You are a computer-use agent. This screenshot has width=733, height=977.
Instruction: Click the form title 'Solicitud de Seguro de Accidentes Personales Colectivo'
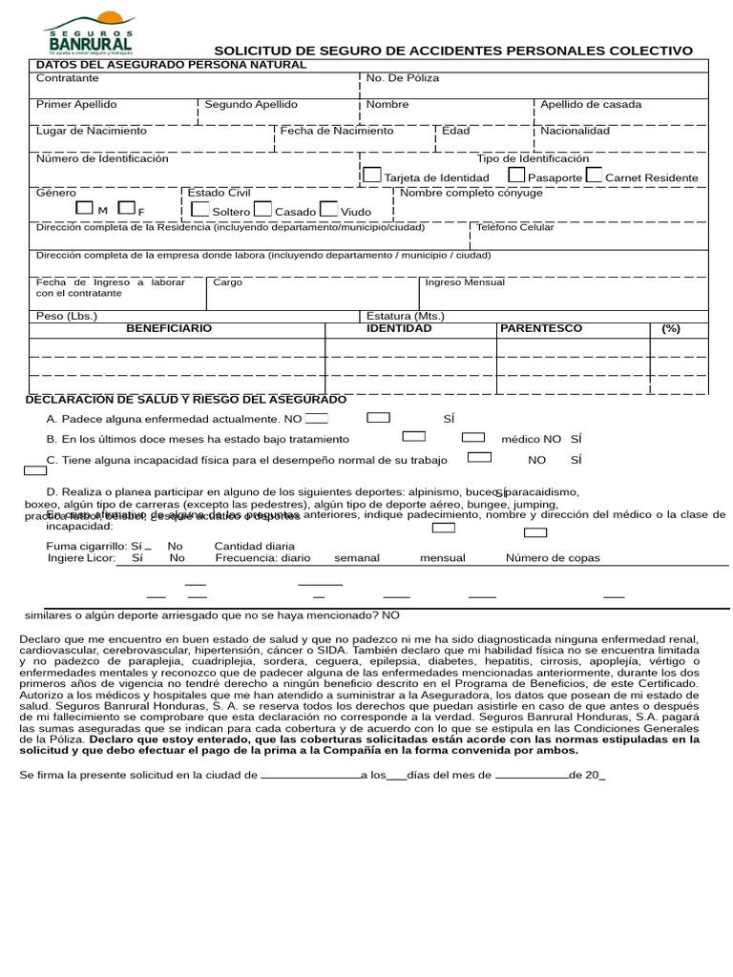453,51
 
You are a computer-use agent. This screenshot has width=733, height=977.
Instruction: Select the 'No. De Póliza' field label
403,78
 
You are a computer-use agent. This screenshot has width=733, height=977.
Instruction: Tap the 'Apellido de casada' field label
591,105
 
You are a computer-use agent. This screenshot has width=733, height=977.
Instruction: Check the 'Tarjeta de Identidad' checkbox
372,176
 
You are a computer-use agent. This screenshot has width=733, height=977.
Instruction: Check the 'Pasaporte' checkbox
516,176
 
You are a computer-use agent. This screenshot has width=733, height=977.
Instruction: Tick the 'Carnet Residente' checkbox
594,176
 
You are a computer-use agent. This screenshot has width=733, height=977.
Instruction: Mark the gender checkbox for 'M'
85,208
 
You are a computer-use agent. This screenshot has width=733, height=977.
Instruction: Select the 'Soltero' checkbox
200,209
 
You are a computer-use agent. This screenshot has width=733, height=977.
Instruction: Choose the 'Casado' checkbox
263,209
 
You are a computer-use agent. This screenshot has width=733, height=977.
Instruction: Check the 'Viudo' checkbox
328,209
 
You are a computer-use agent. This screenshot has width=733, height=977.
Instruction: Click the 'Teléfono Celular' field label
514,228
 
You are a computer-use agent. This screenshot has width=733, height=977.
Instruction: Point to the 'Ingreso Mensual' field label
465,282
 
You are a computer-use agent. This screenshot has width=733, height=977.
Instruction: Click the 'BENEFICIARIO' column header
169,328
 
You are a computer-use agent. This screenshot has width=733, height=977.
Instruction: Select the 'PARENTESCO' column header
541,328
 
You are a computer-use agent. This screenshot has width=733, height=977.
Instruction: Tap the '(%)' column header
671,328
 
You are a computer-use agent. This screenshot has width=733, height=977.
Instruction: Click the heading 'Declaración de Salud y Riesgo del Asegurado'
186,400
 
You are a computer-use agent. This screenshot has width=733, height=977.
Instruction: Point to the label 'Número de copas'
554,558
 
